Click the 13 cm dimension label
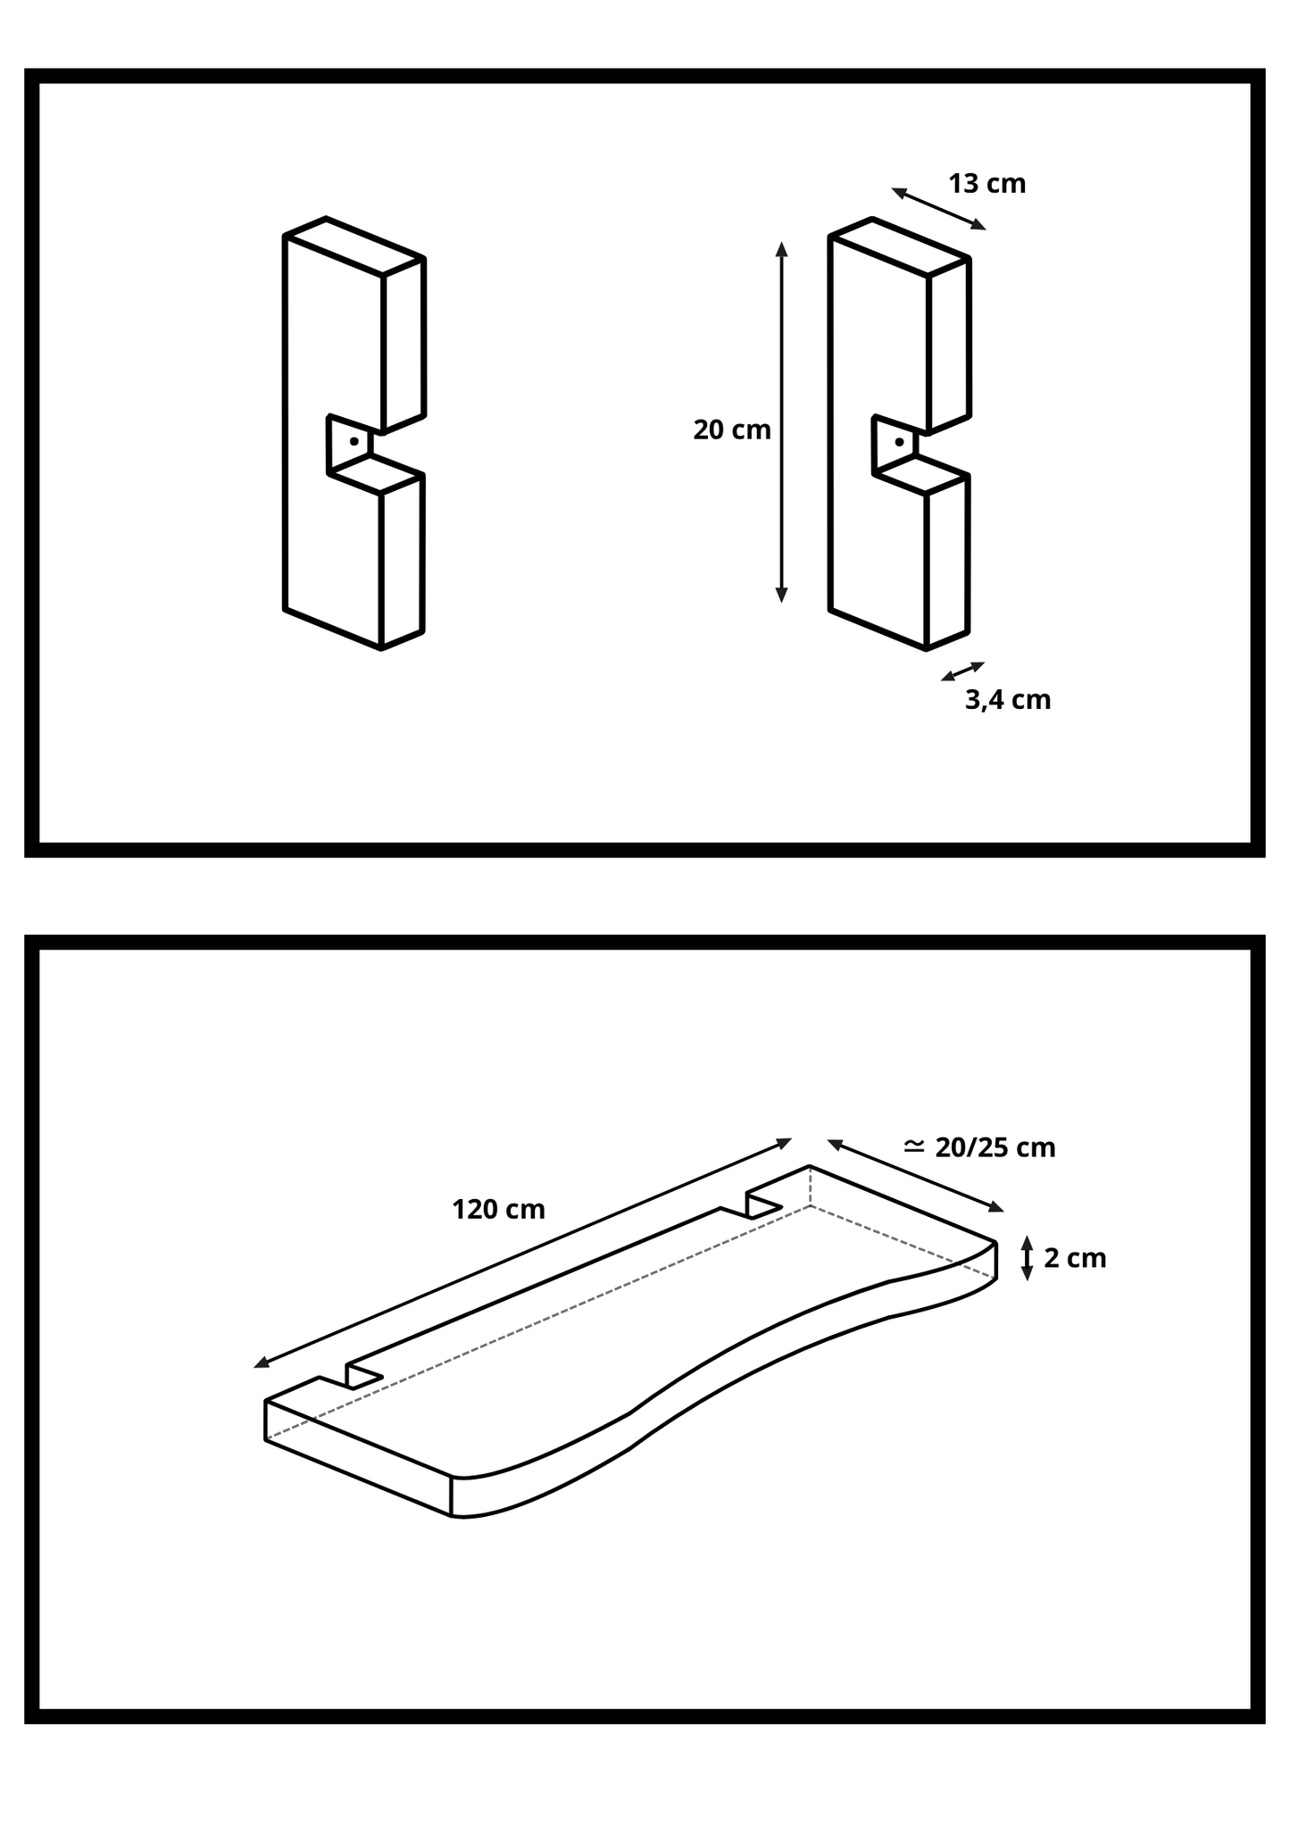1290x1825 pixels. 986,184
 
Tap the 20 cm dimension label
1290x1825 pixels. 732,430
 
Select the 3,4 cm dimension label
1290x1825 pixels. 1008,700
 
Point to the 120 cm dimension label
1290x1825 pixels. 498,1210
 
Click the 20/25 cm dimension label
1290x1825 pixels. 995,1148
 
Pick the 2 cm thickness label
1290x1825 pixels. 1075,1259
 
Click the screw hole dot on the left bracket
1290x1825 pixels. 354,441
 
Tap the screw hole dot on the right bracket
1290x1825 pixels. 899,442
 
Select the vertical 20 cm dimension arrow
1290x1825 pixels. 782,422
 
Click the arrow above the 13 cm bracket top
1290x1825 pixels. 939,209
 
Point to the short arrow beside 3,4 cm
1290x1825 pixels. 962,671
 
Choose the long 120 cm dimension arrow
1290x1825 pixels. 522,1254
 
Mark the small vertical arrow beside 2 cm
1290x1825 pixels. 1027,1258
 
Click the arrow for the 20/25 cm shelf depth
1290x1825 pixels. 916,1176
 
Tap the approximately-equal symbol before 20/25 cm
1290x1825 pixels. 914,1146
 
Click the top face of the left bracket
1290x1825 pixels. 354,246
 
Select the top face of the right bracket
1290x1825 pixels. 899,246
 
